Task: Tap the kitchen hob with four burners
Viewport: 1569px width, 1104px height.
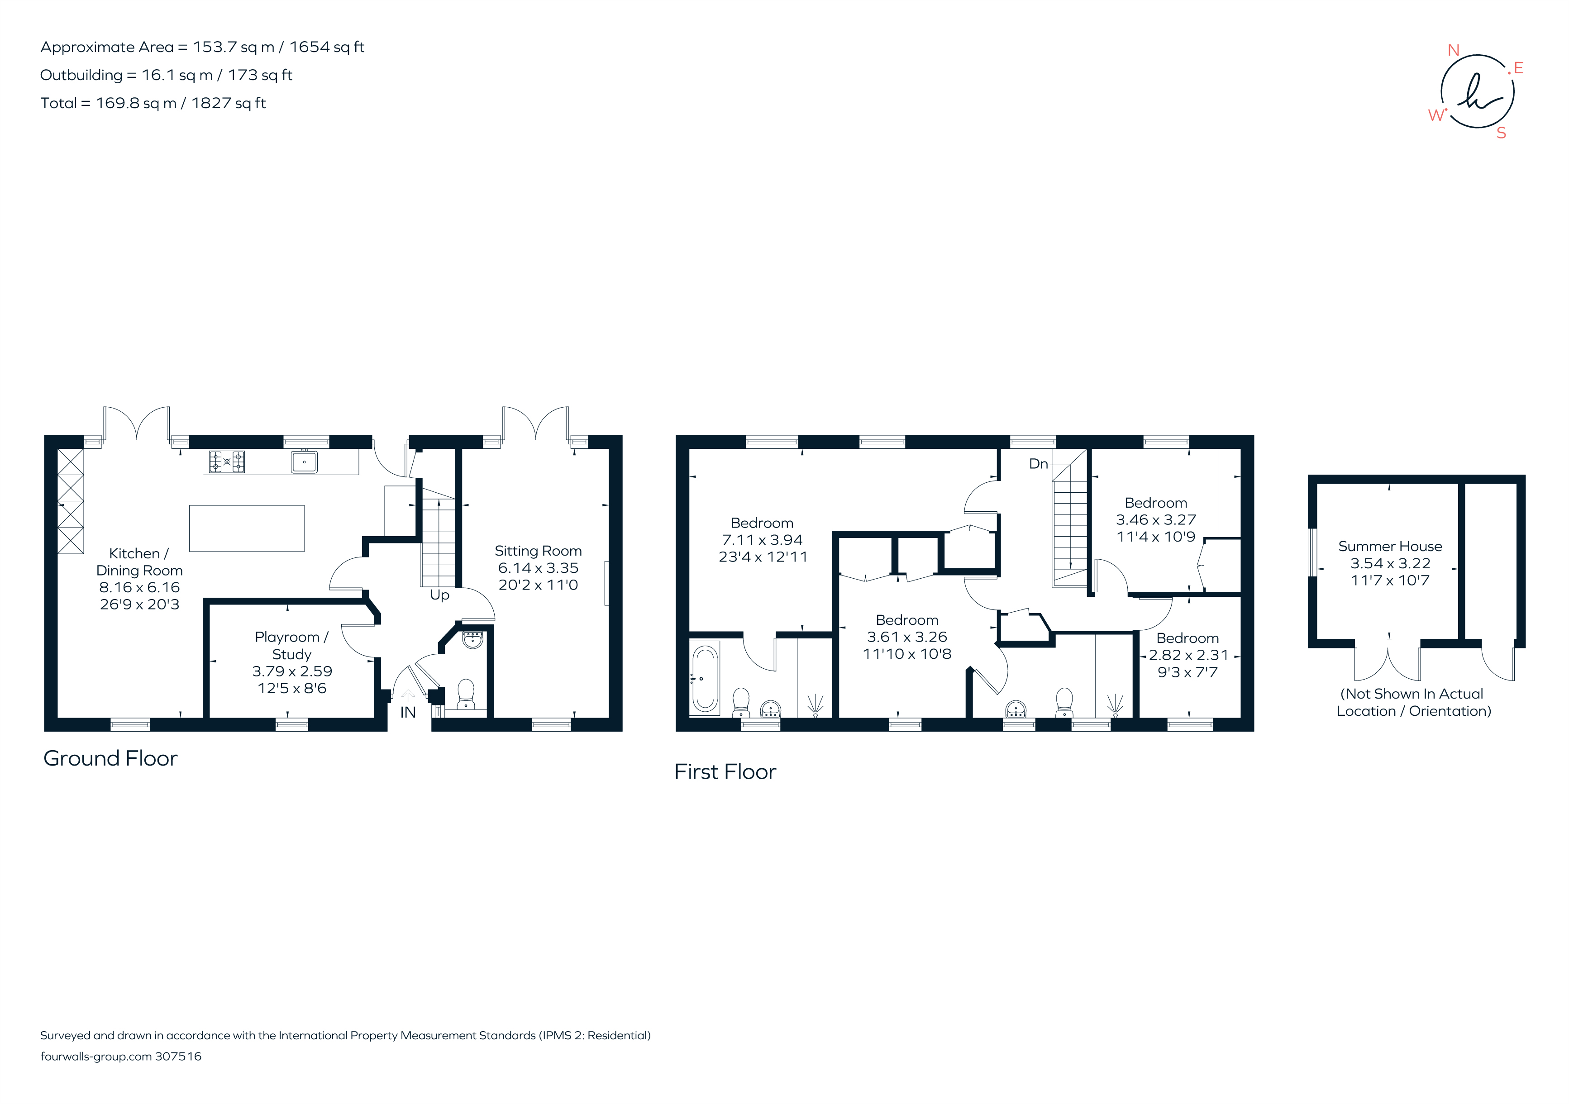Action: [227, 462]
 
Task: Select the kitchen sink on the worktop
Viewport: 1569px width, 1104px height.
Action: [304, 462]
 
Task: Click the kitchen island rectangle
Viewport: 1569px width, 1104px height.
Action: [247, 528]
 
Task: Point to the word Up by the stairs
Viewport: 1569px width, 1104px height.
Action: [439, 595]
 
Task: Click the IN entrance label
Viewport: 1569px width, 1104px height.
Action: [408, 713]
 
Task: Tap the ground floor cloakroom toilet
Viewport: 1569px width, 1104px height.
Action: [466, 694]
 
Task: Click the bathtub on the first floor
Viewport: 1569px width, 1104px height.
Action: [705, 678]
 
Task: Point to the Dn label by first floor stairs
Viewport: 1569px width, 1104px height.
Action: [1038, 464]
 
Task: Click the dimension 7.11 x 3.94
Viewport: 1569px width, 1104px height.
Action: [762, 540]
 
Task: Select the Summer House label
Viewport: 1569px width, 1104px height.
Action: [1390, 547]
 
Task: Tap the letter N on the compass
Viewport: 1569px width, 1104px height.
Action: [1454, 51]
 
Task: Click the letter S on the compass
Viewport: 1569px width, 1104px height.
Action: [1502, 133]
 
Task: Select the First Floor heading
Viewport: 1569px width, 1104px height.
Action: [725, 772]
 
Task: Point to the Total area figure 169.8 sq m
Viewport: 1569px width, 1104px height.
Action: [136, 103]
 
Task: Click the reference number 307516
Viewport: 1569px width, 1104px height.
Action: [178, 1056]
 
